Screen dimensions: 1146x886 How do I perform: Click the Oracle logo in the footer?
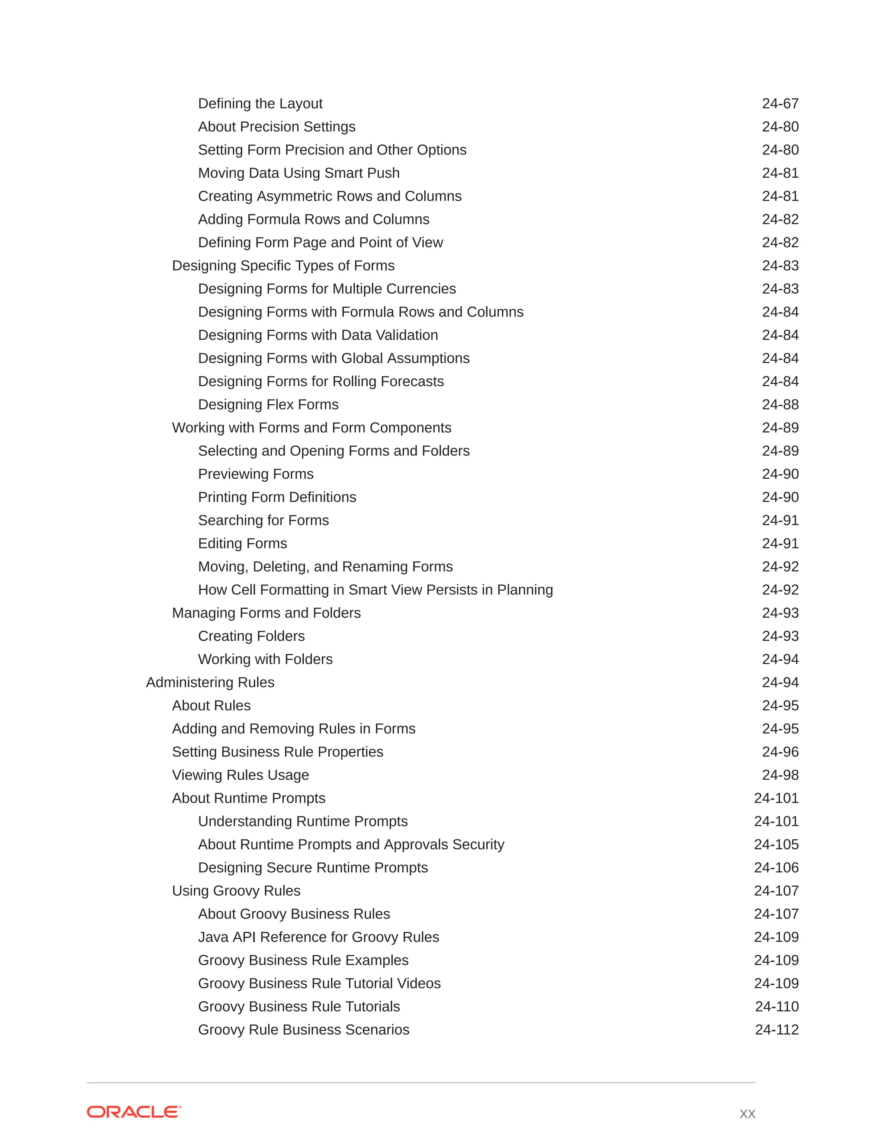click(134, 1112)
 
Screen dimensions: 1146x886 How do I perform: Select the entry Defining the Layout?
click(260, 103)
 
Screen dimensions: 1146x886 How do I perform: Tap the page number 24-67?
click(780, 103)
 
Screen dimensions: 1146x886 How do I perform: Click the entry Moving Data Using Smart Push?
click(299, 173)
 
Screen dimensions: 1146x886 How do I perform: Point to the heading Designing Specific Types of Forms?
click(283, 266)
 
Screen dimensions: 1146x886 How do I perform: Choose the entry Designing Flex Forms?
click(268, 405)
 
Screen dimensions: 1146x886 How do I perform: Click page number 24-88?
click(780, 405)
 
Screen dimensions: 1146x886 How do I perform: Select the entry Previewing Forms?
click(256, 474)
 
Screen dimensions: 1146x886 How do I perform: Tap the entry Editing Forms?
click(243, 543)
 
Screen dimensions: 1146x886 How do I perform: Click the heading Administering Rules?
click(210, 682)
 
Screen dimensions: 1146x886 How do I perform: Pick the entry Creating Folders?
click(251, 636)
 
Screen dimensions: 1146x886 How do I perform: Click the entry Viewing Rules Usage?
click(241, 775)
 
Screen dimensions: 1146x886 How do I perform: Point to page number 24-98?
click(780, 775)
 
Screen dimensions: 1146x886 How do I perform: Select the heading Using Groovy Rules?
click(236, 890)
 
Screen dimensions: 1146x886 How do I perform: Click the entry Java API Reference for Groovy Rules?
click(318, 937)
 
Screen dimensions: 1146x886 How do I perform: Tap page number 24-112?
click(776, 1030)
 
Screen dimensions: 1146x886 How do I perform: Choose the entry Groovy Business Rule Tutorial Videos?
click(319, 983)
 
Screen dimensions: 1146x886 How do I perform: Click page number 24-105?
click(776, 844)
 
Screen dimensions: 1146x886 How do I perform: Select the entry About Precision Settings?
click(276, 126)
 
